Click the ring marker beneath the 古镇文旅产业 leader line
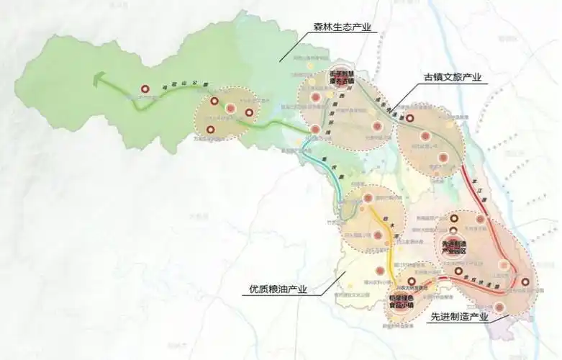click(409, 117)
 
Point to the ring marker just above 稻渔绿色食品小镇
click(411, 282)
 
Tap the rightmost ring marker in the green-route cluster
click(250, 112)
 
